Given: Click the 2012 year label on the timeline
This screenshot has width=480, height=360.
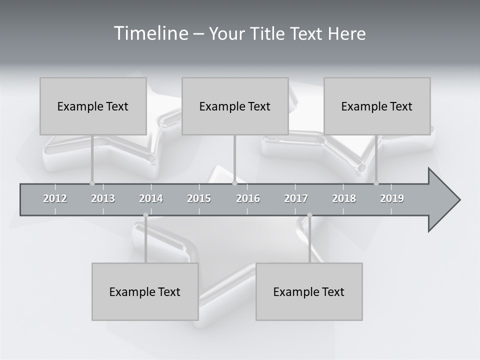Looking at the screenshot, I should pos(55,198).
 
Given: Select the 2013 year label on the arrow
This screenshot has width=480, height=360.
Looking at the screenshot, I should pos(103,198).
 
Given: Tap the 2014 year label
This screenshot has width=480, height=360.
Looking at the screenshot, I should pos(151,198).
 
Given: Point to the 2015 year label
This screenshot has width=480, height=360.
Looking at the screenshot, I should pos(199,198).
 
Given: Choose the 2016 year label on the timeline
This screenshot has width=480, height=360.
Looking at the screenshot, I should pos(248,198).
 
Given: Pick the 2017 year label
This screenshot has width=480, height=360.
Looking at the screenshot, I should pos(296,198).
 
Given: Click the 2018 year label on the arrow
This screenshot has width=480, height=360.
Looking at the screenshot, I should pos(344,198).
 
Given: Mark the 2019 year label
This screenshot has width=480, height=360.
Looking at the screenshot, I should pos(392,198).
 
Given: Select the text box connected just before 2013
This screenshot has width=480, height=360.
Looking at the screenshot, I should pos(93,106).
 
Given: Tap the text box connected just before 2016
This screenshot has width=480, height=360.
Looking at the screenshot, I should pos(235,106).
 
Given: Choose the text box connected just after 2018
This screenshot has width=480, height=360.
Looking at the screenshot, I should pos(377,106).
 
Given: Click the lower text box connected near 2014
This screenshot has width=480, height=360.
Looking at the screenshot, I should pos(145,291).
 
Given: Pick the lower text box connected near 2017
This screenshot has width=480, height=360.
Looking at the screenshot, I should pos(309,291).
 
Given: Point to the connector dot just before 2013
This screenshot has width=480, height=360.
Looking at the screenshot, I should pos(92,183).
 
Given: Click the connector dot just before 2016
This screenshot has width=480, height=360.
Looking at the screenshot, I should pos(235,183).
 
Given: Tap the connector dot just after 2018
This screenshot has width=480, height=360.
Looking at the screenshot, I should pos(376,183).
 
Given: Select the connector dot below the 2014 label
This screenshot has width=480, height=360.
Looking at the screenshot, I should pos(145,215).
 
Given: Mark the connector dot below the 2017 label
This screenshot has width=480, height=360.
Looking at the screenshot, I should pos(309,215).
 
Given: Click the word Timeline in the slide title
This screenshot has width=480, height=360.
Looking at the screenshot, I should pos(150,33).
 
